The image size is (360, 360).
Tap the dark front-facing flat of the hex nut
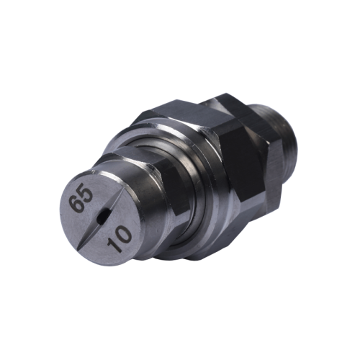(241, 169)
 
